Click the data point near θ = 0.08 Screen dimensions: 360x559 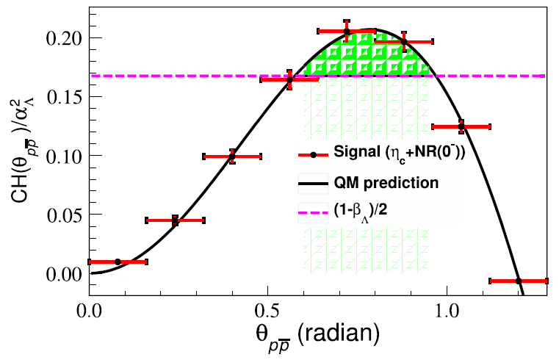(118, 262)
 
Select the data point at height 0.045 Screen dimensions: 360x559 (175, 220)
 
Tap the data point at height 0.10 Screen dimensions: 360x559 (232, 156)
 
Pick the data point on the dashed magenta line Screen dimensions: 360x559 (289, 79)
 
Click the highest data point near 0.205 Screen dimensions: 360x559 (347, 31)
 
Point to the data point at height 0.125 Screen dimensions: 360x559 (461, 126)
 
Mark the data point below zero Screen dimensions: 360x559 (519, 281)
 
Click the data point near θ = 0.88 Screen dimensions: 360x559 (404, 42)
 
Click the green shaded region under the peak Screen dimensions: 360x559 (360, 59)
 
